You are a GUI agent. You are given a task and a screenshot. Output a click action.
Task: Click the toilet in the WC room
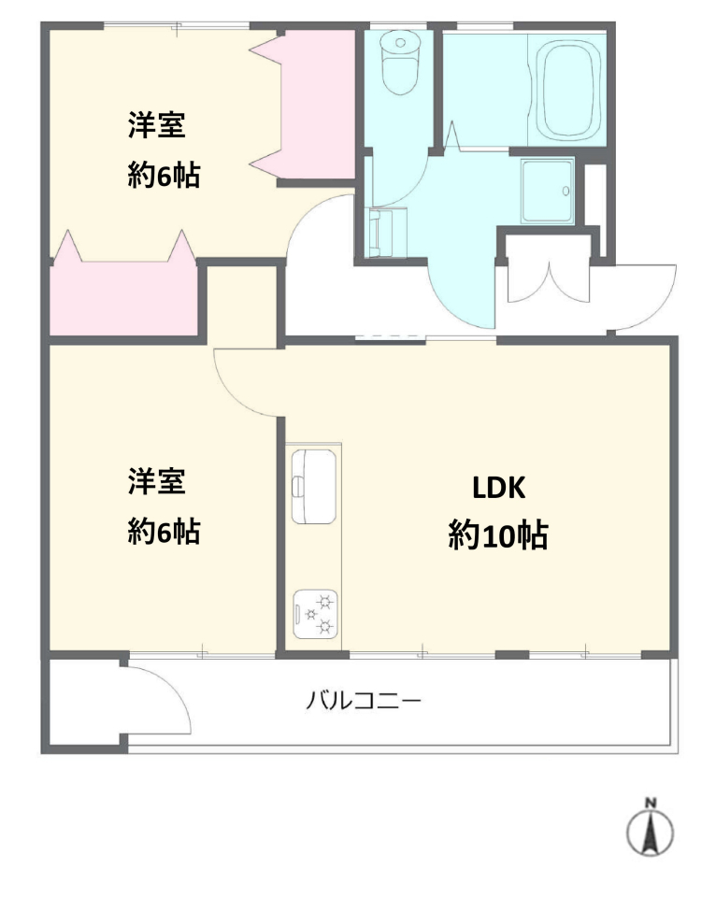click(x=400, y=62)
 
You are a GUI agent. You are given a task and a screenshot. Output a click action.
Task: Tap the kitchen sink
click(x=314, y=486)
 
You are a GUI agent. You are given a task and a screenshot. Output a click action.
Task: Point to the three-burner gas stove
click(x=315, y=614)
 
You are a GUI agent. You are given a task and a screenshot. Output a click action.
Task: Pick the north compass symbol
click(x=650, y=829)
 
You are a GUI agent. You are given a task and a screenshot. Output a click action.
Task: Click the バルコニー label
click(x=364, y=700)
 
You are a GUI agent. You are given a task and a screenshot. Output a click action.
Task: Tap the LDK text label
click(x=498, y=488)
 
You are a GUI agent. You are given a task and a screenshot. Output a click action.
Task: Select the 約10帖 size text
click(x=498, y=535)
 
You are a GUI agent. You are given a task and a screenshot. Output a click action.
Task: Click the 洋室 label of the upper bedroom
click(x=157, y=125)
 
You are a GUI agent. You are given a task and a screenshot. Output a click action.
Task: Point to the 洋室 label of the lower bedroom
click(x=157, y=481)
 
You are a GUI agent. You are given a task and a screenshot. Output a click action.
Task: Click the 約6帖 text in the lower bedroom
click(x=164, y=532)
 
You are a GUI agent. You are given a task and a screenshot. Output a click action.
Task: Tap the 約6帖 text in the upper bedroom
click(x=164, y=175)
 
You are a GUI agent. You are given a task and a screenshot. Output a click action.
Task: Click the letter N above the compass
click(x=651, y=803)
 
